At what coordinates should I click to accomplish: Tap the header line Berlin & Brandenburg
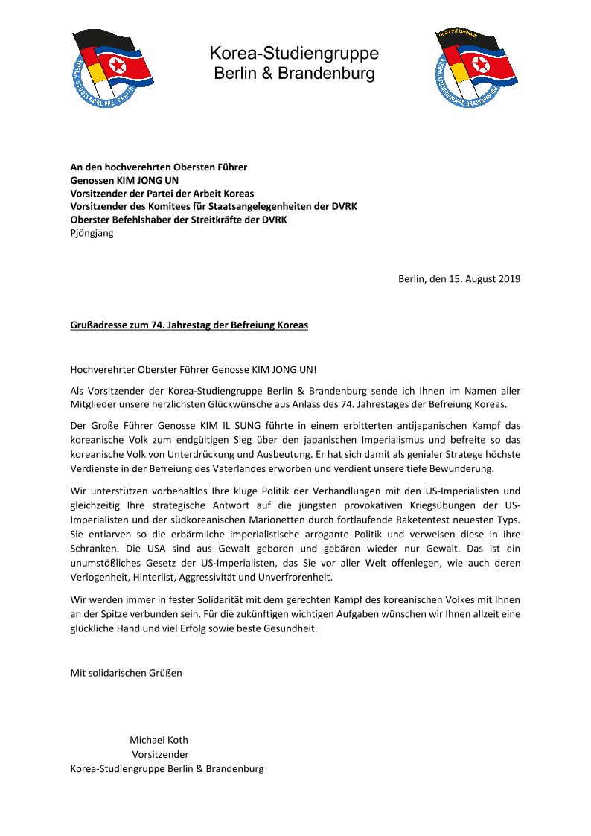tap(294, 74)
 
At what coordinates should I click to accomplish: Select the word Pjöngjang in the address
tap(92, 233)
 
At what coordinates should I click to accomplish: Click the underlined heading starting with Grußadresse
tap(189, 325)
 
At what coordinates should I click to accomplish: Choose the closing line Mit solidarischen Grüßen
tap(126, 673)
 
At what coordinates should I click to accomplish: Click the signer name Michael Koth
tap(159, 740)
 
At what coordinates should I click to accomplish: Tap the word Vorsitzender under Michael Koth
tap(160, 754)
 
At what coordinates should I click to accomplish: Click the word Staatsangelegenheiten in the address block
tap(252, 206)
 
